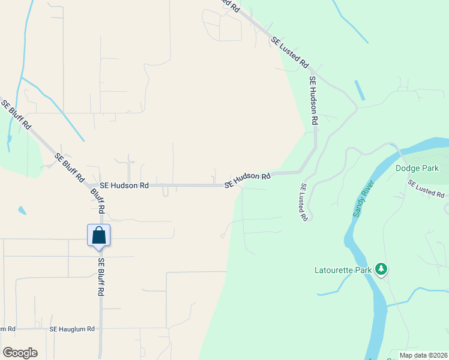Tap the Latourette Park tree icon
381,269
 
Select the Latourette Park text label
343,270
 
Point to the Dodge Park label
418,168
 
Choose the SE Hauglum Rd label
72,329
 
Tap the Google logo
20,353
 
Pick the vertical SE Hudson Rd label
313,100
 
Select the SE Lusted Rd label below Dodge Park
427,188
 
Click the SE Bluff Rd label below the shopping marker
101,277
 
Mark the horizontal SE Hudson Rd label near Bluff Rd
124,186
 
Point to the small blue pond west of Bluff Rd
22,211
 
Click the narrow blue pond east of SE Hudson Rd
360,90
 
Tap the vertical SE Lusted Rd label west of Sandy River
304,202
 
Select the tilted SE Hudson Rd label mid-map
248,179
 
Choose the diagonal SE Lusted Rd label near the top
290,52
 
